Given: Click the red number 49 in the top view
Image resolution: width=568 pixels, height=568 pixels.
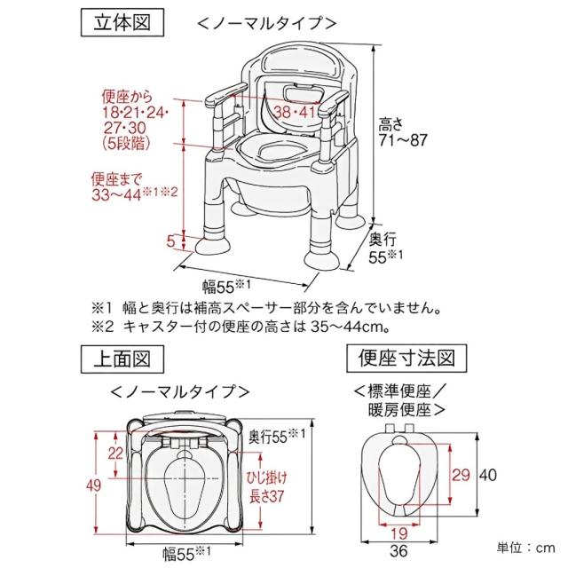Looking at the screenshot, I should (105, 484).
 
